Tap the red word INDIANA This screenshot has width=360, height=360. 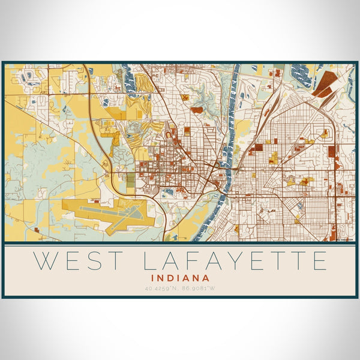point(181,278)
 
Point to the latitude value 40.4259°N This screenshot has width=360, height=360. point(161,288)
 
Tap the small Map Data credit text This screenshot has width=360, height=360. point(344,239)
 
